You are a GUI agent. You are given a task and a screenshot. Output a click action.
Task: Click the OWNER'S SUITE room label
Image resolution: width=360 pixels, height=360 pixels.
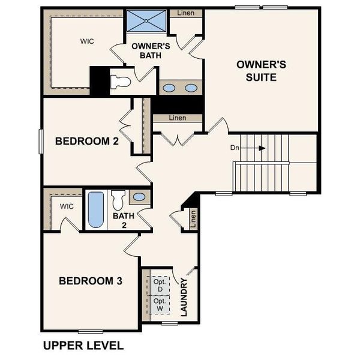point(256,71)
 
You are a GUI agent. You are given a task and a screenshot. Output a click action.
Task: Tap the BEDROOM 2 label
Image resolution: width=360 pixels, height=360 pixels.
point(86,142)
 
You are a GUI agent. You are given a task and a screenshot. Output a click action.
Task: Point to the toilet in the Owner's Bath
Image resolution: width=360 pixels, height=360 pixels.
point(122,82)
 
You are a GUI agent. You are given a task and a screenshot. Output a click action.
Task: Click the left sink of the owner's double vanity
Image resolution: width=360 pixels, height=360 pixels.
point(170,88)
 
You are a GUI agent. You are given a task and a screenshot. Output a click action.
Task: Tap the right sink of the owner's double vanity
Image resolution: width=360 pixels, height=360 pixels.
point(191,88)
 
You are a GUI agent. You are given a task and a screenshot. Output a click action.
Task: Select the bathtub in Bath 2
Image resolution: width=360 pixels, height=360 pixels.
point(95,209)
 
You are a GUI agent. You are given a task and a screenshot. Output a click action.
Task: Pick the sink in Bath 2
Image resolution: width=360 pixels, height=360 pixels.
point(139,197)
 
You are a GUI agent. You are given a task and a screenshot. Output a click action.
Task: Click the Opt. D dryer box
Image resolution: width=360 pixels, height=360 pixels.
point(159,286)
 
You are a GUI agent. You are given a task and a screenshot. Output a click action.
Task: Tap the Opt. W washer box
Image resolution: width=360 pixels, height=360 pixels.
point(159,304)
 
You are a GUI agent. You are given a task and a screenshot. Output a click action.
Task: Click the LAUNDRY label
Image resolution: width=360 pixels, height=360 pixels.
point(184,297)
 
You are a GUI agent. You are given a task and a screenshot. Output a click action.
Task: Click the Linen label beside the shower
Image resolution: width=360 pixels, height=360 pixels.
point(185,13)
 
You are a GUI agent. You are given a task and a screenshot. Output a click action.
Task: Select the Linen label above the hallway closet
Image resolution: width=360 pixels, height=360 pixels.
point(177,118)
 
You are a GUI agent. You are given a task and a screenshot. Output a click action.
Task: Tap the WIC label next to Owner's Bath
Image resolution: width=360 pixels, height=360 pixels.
point(88,41)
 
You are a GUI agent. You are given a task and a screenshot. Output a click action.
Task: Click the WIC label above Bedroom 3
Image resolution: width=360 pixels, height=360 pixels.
point(66,205)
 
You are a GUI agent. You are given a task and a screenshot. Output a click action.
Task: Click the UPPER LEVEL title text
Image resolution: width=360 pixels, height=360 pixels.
point(83,346)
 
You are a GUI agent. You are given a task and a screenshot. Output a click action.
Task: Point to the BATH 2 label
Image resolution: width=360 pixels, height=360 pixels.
point(124,220)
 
